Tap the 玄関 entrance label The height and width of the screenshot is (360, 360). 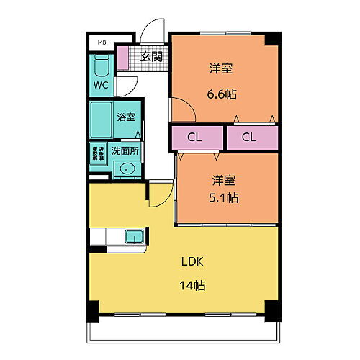(x=150, y=55)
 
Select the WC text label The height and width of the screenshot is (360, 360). (x=100, y=84)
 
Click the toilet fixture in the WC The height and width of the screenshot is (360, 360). (x=101, y=69)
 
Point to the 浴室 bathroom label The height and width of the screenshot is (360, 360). (x=126, y=117)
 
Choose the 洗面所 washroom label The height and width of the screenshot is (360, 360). (x=125, y=151)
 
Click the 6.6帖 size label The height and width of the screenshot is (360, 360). (x=221, y=93)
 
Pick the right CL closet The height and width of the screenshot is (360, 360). (x=251, y=137)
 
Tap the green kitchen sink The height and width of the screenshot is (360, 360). (x=134, y=237)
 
